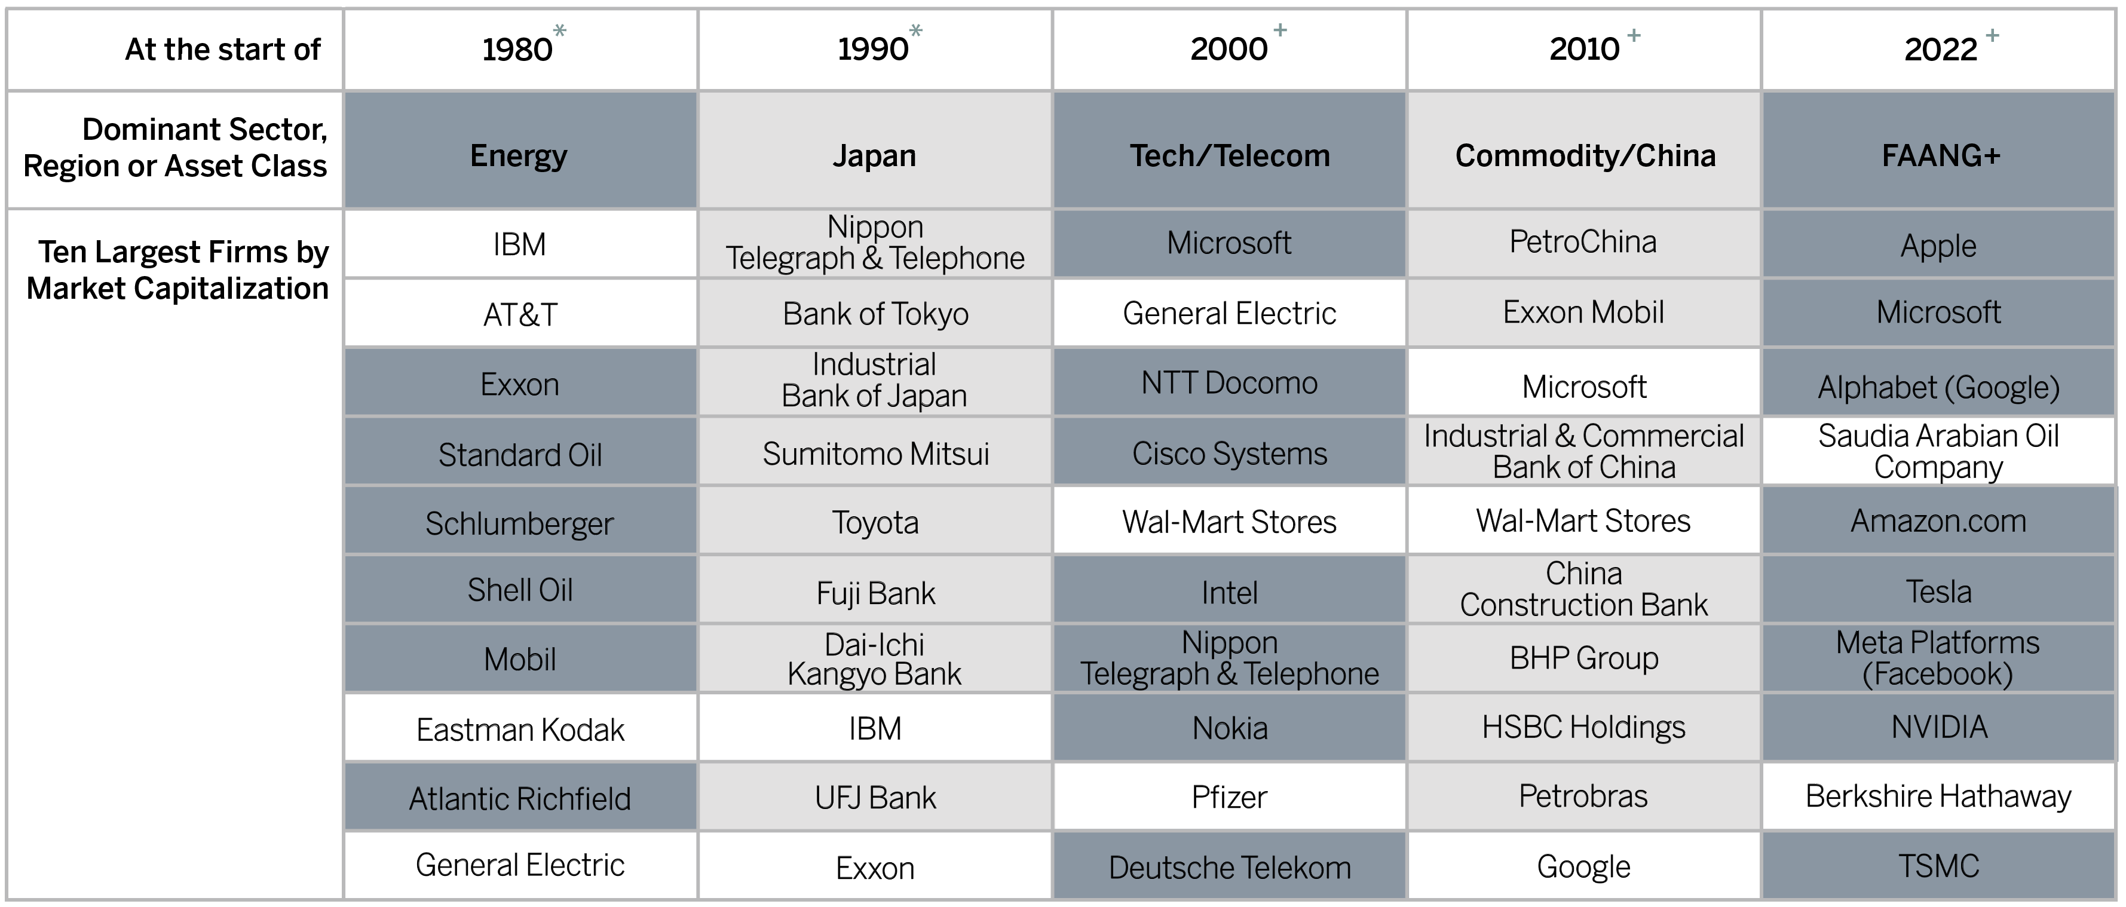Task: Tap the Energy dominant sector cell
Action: click(520, 149)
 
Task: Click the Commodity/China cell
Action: click(1584, 149)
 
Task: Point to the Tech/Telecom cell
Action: click(1230, 149)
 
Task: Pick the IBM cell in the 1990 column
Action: click(875, 727)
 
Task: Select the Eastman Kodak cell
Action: click(520, 727)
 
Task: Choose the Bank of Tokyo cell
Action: click(875, 312)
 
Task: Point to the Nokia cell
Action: click(1230, 727)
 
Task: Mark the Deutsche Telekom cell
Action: click(1230, 865)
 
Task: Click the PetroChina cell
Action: click(1584, 243)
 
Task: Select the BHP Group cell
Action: click(1584, 658)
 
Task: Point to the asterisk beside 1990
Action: click(915, 31)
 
